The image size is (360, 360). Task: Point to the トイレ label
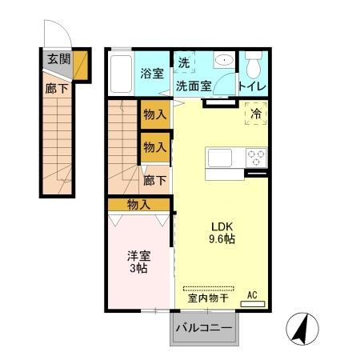[253, 86]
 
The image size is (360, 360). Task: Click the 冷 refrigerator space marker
[256, 115]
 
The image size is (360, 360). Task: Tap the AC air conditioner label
[252, 294]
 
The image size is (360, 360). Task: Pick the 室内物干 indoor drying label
[209, 298]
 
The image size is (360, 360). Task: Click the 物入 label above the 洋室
[138, 205]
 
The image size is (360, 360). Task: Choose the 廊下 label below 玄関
[57, 89]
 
